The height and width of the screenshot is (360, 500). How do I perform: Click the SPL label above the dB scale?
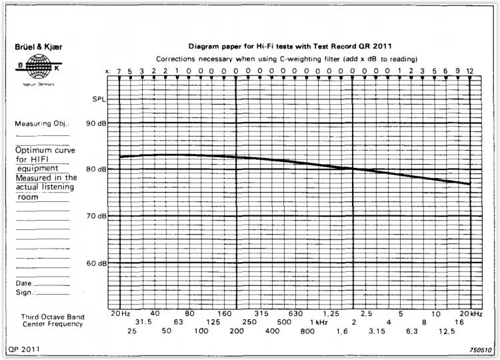(x=98, y=100)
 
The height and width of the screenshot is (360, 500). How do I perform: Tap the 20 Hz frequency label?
(x=120, y=313)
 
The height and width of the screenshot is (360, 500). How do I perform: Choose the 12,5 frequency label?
(x=447, y=331)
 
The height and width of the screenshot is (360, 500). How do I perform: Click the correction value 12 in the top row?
(x=470, y=71)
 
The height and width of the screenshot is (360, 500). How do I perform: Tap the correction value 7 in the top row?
(x=119, y=71)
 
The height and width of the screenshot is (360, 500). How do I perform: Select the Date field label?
(x=23, y=283)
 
